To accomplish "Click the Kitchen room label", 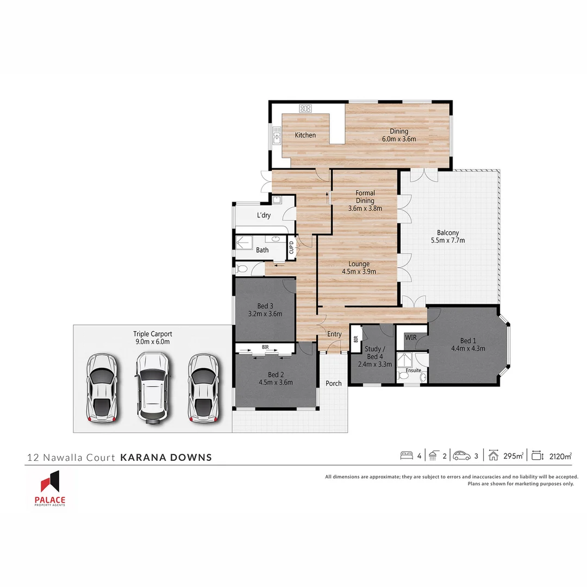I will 305,135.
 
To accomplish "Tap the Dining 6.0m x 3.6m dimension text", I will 398,139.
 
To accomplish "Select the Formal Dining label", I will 365,197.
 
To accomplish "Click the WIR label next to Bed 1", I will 411,338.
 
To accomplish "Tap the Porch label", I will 334,383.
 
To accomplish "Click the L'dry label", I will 264,216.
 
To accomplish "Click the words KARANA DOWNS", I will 166,457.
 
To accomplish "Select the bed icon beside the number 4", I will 406,455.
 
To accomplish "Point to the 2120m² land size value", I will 560,456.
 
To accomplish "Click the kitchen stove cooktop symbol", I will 305,109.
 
